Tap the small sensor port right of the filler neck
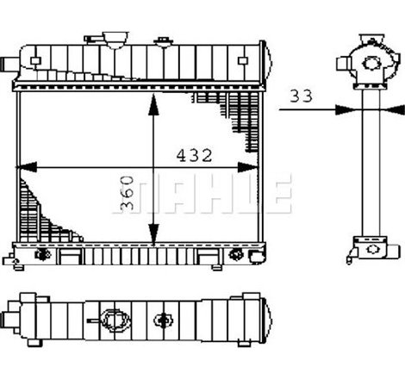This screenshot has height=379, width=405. tap(163, 40)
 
